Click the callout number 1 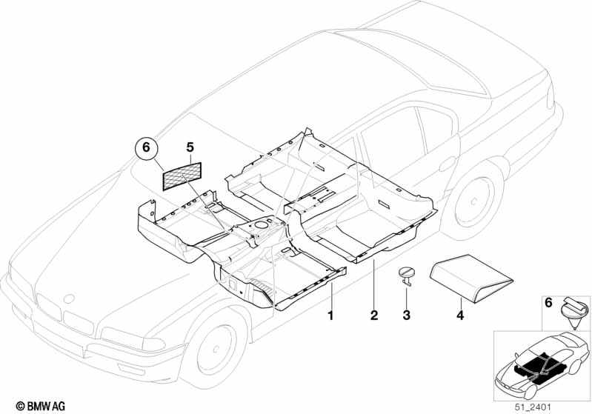pyautogui.click(x=331, y=315)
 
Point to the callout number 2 pyautogui.click(x=374, y=315)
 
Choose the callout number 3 pyautogui.click(x=406, y=315)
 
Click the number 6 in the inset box pyautogui.click(x=548, y=302)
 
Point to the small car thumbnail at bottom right pyautogui.click(x=539, y=364)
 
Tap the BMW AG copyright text pyautogui.click(x=35, y=406)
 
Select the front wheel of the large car pyautogui.click(x=217, y=347)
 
